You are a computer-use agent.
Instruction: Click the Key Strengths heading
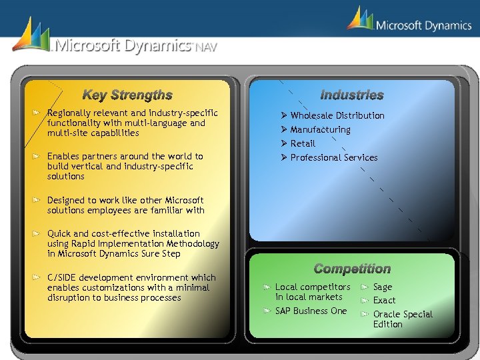[127, 95]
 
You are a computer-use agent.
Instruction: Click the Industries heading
[351, 95]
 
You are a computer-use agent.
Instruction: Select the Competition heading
[351, 269]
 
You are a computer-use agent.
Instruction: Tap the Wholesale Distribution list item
[337, 115]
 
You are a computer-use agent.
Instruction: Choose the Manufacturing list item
[320, 129]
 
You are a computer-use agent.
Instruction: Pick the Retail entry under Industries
[303, 143]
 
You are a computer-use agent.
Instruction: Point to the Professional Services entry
[334, 157]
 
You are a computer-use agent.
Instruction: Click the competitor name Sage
[383, 287]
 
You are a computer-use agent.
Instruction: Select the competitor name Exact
[384, 301]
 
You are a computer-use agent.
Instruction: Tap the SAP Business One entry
[311, 311]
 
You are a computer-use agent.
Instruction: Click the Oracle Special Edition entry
[402, 319]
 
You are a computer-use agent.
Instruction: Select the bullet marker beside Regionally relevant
[39, 113]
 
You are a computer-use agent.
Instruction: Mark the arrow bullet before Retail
[283, 143]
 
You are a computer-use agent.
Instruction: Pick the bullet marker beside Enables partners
[39, 157]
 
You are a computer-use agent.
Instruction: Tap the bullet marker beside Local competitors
[266, 287]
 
